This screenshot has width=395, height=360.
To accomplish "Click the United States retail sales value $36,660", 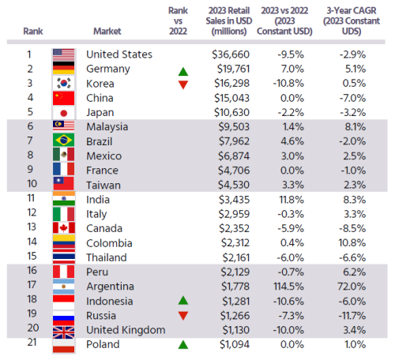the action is pyautogui.click(x=231, y=54).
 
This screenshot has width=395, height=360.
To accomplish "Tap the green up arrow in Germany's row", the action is pyautogui.click(x=183, y=72).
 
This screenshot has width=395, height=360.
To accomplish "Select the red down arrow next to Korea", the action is pyautogui.click(x=183, y=84).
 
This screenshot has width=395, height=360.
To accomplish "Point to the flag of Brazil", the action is pyautogui.click(x=63, y=141).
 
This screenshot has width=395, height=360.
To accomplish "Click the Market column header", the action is pyautogui.click(x=107, y=31).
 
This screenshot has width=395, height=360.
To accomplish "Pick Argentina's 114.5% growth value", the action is pyautogui.click(x=288, y=287).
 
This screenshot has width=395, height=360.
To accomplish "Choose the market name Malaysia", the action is pyautogui.click(x=107, y=127).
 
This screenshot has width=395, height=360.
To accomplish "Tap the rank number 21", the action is pyautogui.click(x=32, y=342).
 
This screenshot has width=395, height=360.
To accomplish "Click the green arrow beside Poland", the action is pyautogui.click(x=183, y=344).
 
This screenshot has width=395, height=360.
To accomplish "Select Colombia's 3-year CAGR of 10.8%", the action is pyautogui.click(x=352, y=243).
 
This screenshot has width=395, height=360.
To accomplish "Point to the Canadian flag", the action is pyautogui.click(x=64, y=228).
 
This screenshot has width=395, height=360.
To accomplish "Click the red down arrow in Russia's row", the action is pyautogui.click(x=183, y=316).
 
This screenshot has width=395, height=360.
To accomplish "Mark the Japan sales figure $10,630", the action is pyautogui.click(x=231, y=113).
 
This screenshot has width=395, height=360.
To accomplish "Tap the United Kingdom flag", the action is pyautogui.click(x=63, y=332).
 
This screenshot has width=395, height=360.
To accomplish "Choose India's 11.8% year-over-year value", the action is pyautogui.click(x=292, y=200).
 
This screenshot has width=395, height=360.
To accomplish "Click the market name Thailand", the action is pyautogui.click(x=107, y=257).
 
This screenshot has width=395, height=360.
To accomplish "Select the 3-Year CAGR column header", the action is pyautogui.click(x=352, y=21).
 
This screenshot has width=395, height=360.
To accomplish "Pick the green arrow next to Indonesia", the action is pyautogui.click(x=183, y=300).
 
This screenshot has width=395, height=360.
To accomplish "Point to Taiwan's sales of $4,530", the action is pyautogui.click(x=234, y=185).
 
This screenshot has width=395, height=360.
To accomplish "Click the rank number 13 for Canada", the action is pyautogui.click(x=32, y=227).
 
